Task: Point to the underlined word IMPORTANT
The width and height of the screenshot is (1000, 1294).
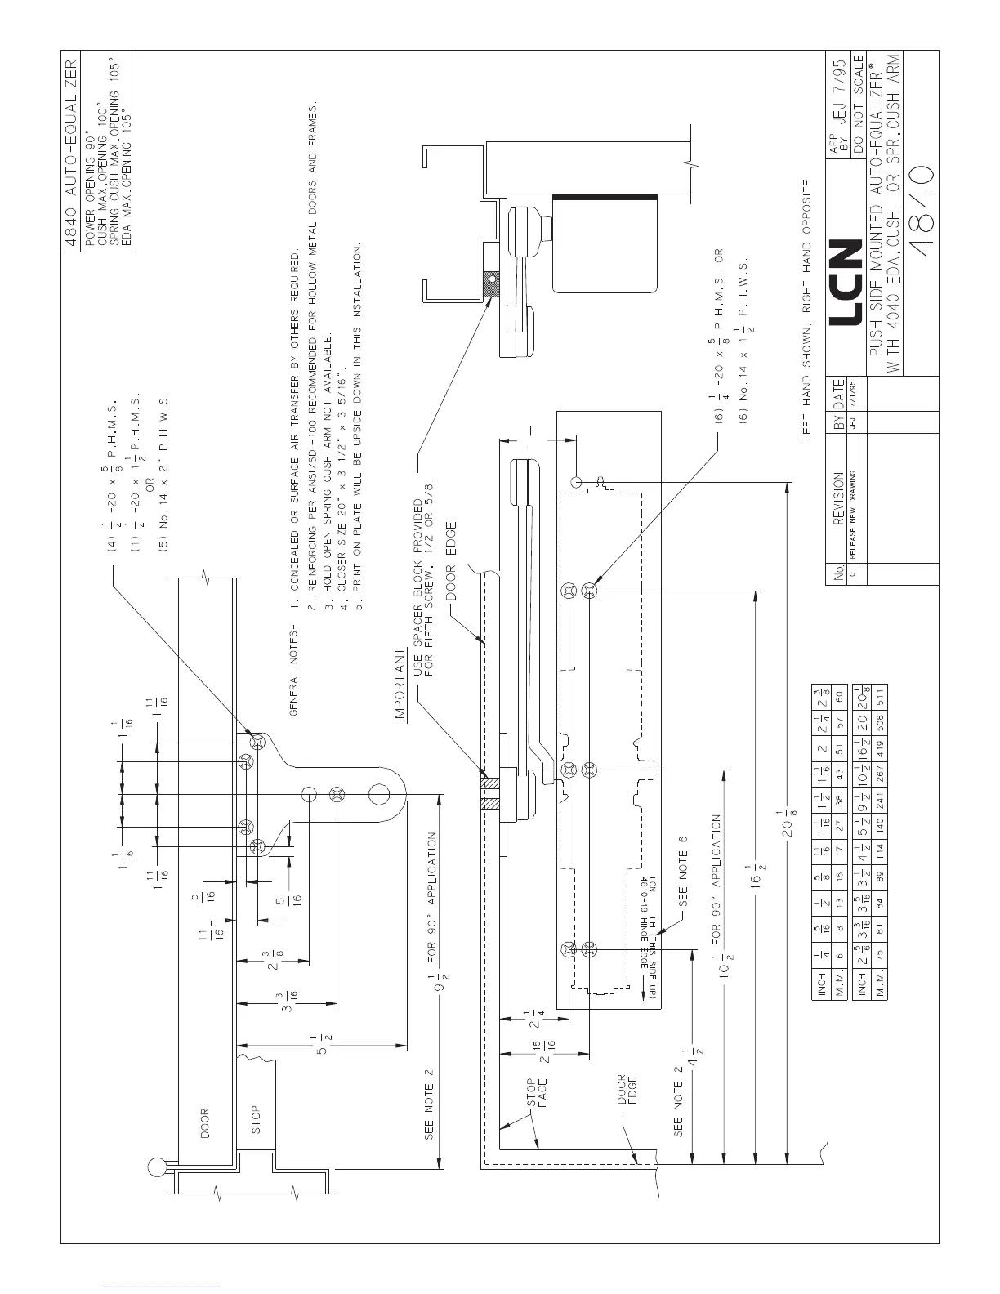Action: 401,687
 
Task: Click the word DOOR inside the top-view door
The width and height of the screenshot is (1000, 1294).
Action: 204,1123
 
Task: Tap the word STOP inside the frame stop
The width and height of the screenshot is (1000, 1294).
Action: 255,1121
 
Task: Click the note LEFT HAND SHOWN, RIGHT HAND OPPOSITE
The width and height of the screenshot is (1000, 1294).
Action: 808,310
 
